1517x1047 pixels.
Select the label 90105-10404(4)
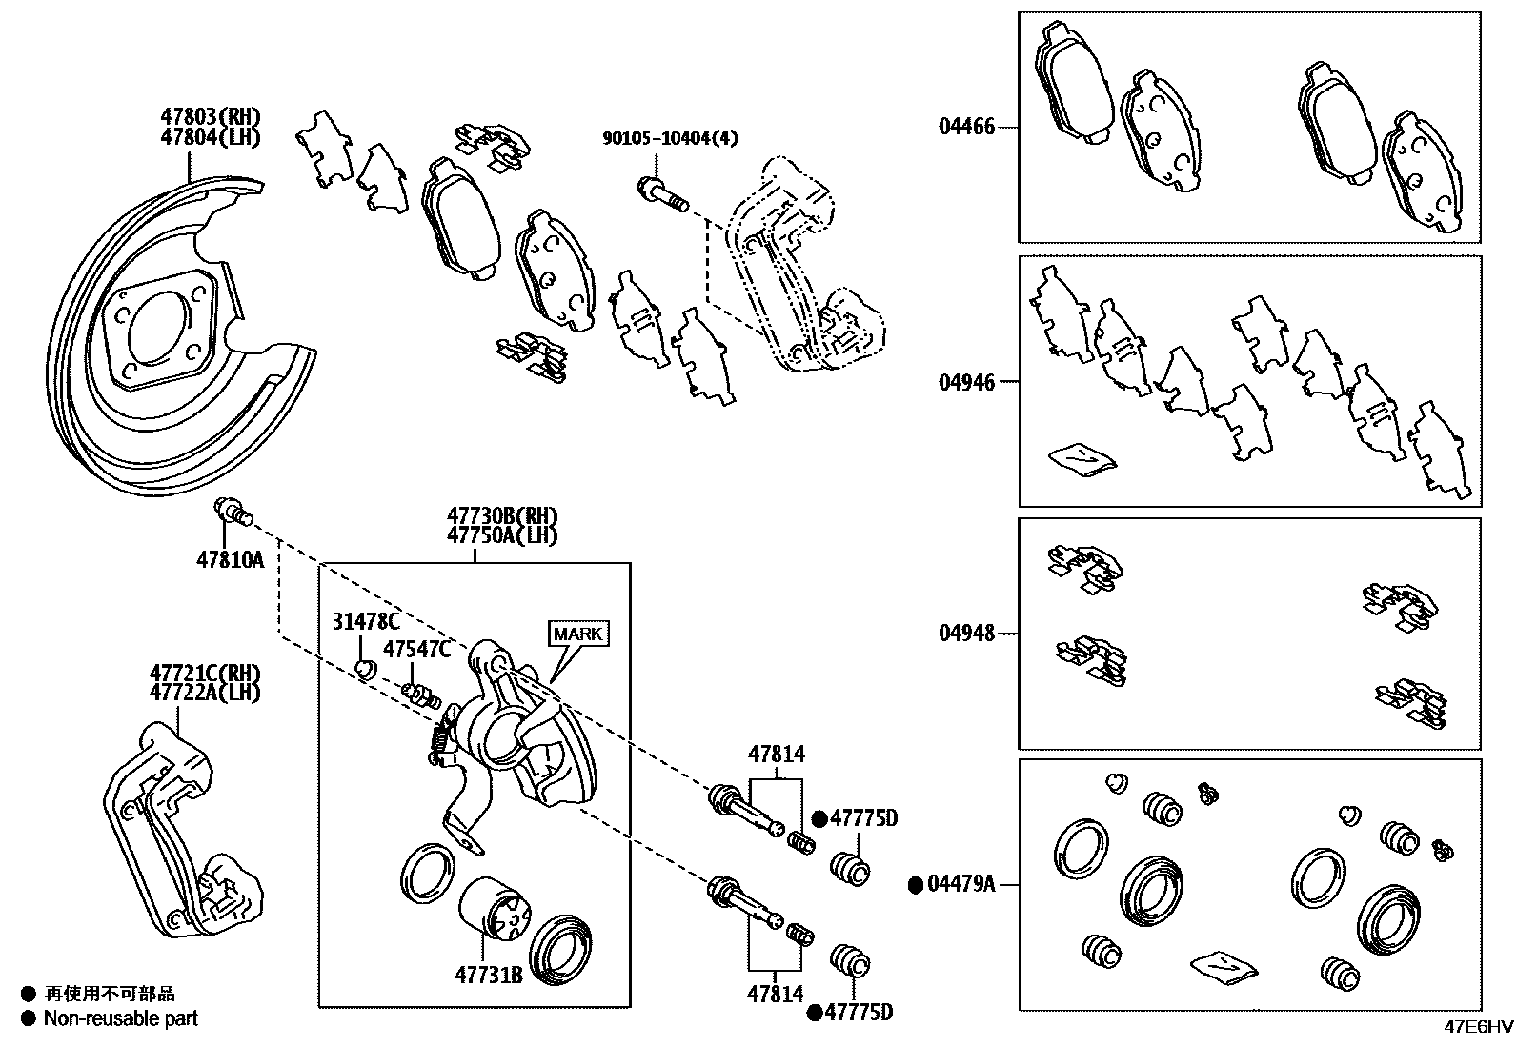[670, 138]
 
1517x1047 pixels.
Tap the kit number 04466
[966, 127]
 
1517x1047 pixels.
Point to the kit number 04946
[966, 382]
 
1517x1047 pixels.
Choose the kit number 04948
[966, 633]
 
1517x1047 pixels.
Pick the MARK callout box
[578, 634]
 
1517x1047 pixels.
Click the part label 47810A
[230, 560]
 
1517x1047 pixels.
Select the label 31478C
[366, 622]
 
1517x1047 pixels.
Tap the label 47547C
[416, 649]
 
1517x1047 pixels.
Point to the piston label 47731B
[489, 975]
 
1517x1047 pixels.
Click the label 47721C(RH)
[204, 674]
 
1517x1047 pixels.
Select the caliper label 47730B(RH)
[502, 517]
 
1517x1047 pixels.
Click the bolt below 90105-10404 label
[661, 196]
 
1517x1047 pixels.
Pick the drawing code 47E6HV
[1477, 1027]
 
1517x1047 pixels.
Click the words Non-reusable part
[121, 1018]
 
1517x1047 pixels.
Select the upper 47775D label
[863, 818]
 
